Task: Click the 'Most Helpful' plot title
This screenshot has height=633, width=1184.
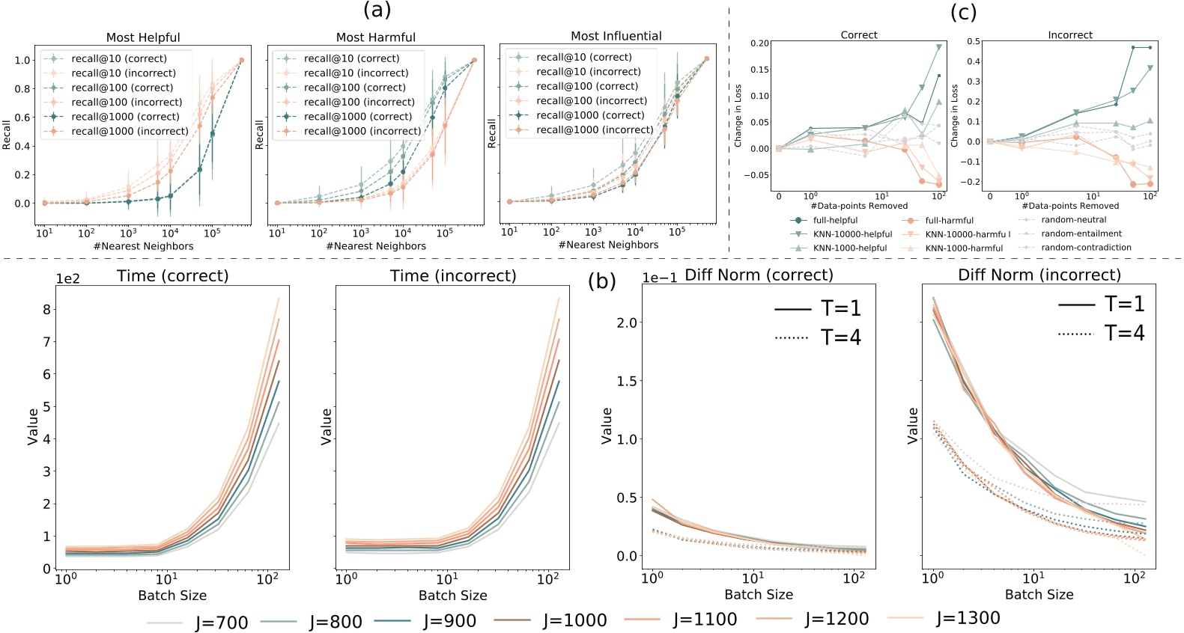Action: coord(143,37)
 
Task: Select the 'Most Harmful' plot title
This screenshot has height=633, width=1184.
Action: coord(375,37)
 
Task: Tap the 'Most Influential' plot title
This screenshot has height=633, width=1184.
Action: coord(616,36)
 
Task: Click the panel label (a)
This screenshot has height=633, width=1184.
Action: coord(377,10)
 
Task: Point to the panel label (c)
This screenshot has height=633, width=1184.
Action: coord(963,12)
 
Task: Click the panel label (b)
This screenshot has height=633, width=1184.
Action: coord(601,281)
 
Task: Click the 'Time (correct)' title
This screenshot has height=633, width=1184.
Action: coord(172,276)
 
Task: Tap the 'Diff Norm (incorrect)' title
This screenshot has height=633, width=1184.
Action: coord(1039,275)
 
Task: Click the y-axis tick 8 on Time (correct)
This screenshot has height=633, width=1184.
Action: coord(46,310)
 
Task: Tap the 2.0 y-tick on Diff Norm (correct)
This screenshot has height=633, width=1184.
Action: coord(625,322)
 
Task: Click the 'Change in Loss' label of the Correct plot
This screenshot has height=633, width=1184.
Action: coord(738,116)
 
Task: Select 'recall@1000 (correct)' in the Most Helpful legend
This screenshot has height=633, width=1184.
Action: coord(125,117)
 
